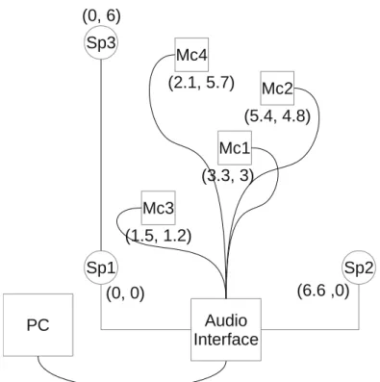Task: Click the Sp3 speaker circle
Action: tap(101, 42)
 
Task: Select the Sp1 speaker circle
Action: tap(101, 267)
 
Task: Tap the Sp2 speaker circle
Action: tap(359, 267)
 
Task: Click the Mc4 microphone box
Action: tap(191, 55)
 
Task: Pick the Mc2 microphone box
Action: tap(277, 89)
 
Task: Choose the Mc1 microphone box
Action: tap(235, 148)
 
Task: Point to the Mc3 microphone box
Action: tap(159, 208)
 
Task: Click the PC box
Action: tap(38, 325)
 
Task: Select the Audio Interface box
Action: tap(226, 330)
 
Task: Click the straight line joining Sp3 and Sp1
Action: tap(101, 155)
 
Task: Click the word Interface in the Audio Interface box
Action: tap(226, 340)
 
